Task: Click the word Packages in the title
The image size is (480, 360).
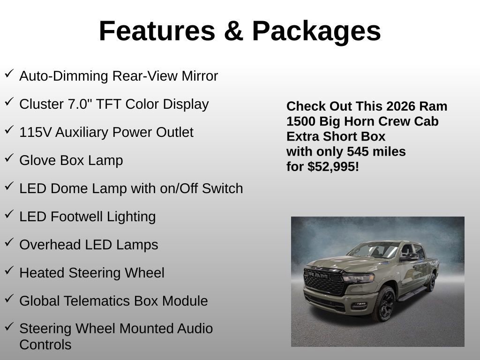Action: [316, 31]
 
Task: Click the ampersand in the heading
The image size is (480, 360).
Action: [233, 31]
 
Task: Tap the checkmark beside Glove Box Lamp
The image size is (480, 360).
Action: [9, 158]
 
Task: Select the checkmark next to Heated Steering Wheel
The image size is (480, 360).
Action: [9, 270]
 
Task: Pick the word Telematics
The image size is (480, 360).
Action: [97, 301]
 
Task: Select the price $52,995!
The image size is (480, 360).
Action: [333, 166]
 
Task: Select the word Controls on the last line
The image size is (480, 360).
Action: [45, 345]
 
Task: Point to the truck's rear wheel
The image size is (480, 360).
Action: [431, 282]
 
